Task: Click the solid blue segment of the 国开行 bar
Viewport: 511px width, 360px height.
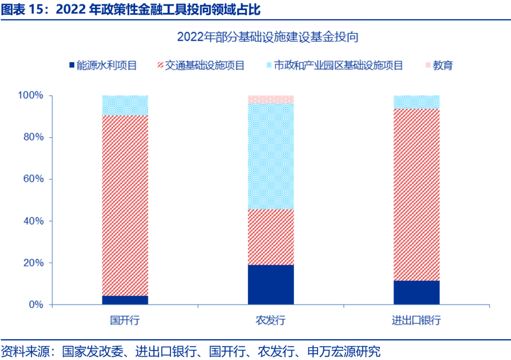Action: pyautogui.click(x=125, y=300)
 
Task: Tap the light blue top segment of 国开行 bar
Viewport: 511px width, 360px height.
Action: pyautogui.click(x=125, y=105)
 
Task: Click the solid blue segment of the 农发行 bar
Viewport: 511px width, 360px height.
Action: pyautogui.click(x=271, y=284)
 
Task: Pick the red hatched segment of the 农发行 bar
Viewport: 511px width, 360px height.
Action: pyautogui.click(x=271, y=237)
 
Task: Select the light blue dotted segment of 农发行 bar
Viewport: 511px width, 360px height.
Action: pyautogui.click(x=271, y=157)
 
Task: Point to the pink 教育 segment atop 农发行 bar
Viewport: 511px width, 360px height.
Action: pyautogui.click(x=271, y=99)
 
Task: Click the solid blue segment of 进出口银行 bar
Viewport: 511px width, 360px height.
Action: pyautogui.click(x=416, y=292)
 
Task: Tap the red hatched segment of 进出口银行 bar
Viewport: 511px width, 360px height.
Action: pyautogui.click(x=416, y=194)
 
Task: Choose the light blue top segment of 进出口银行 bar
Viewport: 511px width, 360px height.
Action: pyautogui.click(x=416, y=102)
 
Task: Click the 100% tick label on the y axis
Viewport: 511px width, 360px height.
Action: pyautogui.click(x=31, y=96)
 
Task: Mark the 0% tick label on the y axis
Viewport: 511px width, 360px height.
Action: pyautogui.click(x=35, y=305)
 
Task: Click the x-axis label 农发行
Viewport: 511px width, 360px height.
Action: pyautogui.click(x=271, y=320)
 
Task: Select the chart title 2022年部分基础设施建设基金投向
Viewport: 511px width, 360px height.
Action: pyautogui.click(x=268, y=37)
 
